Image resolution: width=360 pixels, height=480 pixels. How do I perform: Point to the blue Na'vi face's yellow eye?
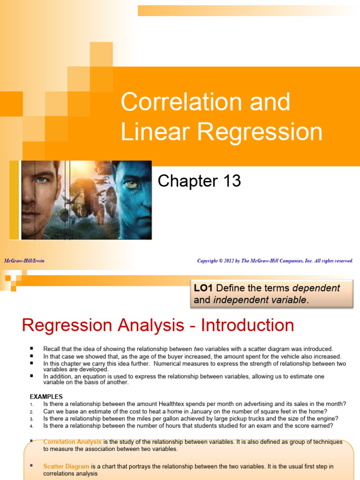coord(132,184)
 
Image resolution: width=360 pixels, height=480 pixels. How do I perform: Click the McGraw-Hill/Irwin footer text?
coord(24,261)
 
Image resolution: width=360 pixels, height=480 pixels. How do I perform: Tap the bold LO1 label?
coord(203,288)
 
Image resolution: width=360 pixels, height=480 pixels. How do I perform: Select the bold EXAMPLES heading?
coord(46,397)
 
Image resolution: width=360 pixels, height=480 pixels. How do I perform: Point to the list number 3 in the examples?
coord(31,419)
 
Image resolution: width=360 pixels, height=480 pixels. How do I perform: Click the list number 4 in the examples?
coord(31,427)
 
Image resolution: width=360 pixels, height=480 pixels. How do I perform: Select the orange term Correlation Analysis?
coord(72,442)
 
